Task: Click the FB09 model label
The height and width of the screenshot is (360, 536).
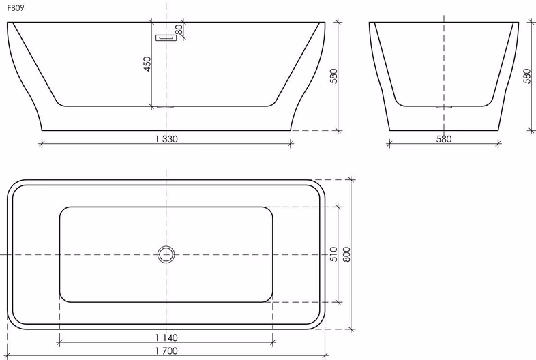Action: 16,8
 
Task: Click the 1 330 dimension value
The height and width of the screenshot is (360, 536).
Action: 166,139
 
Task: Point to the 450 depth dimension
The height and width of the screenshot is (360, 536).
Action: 147,64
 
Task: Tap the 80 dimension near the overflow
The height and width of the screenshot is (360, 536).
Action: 179,29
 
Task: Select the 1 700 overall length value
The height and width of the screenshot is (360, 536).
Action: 166,350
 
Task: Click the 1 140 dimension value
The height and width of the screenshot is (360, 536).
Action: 166,337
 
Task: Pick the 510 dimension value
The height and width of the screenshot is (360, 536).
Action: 333,254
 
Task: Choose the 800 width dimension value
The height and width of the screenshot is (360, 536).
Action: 346,254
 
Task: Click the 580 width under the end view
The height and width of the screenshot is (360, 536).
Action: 444,139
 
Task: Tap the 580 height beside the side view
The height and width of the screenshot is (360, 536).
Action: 333,76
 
